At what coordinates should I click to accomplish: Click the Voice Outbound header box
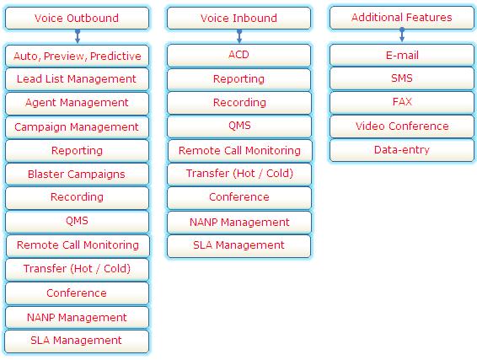(77, 19)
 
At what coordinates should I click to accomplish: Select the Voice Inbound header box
(238, 19)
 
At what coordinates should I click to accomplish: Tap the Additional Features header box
(402, 18)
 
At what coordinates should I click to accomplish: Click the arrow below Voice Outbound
(78, 36)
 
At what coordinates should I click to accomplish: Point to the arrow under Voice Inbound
(239, 36)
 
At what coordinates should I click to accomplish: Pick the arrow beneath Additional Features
(402, 35)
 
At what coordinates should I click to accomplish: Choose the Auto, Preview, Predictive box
(77, 56)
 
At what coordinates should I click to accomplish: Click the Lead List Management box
(77, 79)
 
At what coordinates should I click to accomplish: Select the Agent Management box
(77, 103)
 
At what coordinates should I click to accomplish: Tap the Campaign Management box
(77, 127)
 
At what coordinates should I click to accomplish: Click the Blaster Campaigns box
(77, 174)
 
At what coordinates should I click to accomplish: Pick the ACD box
(238, 55)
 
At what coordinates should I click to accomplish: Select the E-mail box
(402, 55)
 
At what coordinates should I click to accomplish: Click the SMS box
(402, 78)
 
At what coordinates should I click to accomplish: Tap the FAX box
(402, 102)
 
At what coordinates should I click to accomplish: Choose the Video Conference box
(402, 126)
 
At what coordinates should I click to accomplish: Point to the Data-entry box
(402, 150)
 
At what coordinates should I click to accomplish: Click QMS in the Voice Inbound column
(239, 126)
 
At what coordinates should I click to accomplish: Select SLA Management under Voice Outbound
(77, 341)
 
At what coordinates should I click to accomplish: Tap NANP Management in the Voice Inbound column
(239, 222)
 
